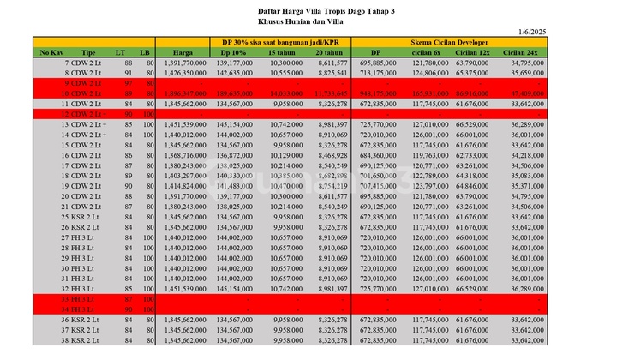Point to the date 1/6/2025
(532, 32)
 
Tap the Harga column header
(182, 52)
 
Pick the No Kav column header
(50, 52)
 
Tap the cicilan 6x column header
(426, 52)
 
